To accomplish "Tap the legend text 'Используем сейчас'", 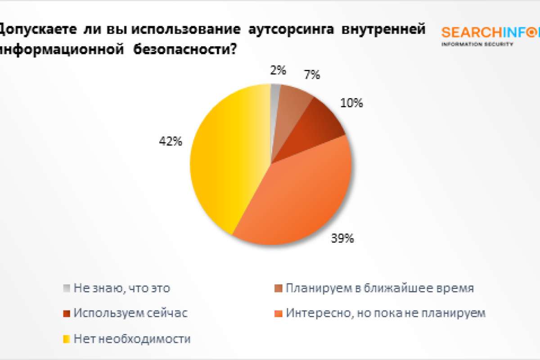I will point(130,313).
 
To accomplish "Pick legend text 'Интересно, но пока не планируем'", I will point(386,313).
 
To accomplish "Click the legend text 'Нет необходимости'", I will point(132,338).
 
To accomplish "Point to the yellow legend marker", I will point(67,338).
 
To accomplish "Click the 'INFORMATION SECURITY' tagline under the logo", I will point(477,44).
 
